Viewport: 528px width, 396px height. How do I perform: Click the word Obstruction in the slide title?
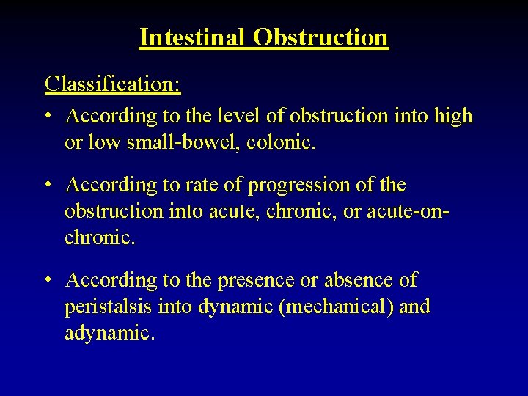pyautogui.click(x=320, y=37)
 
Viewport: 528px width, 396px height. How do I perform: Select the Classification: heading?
pyautogui.click(x=113, y=84)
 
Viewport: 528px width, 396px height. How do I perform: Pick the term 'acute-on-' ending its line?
pyautogui.click(x=410, y=212)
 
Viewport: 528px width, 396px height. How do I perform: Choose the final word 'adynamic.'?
pyautogui.click(x=109, y=334)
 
